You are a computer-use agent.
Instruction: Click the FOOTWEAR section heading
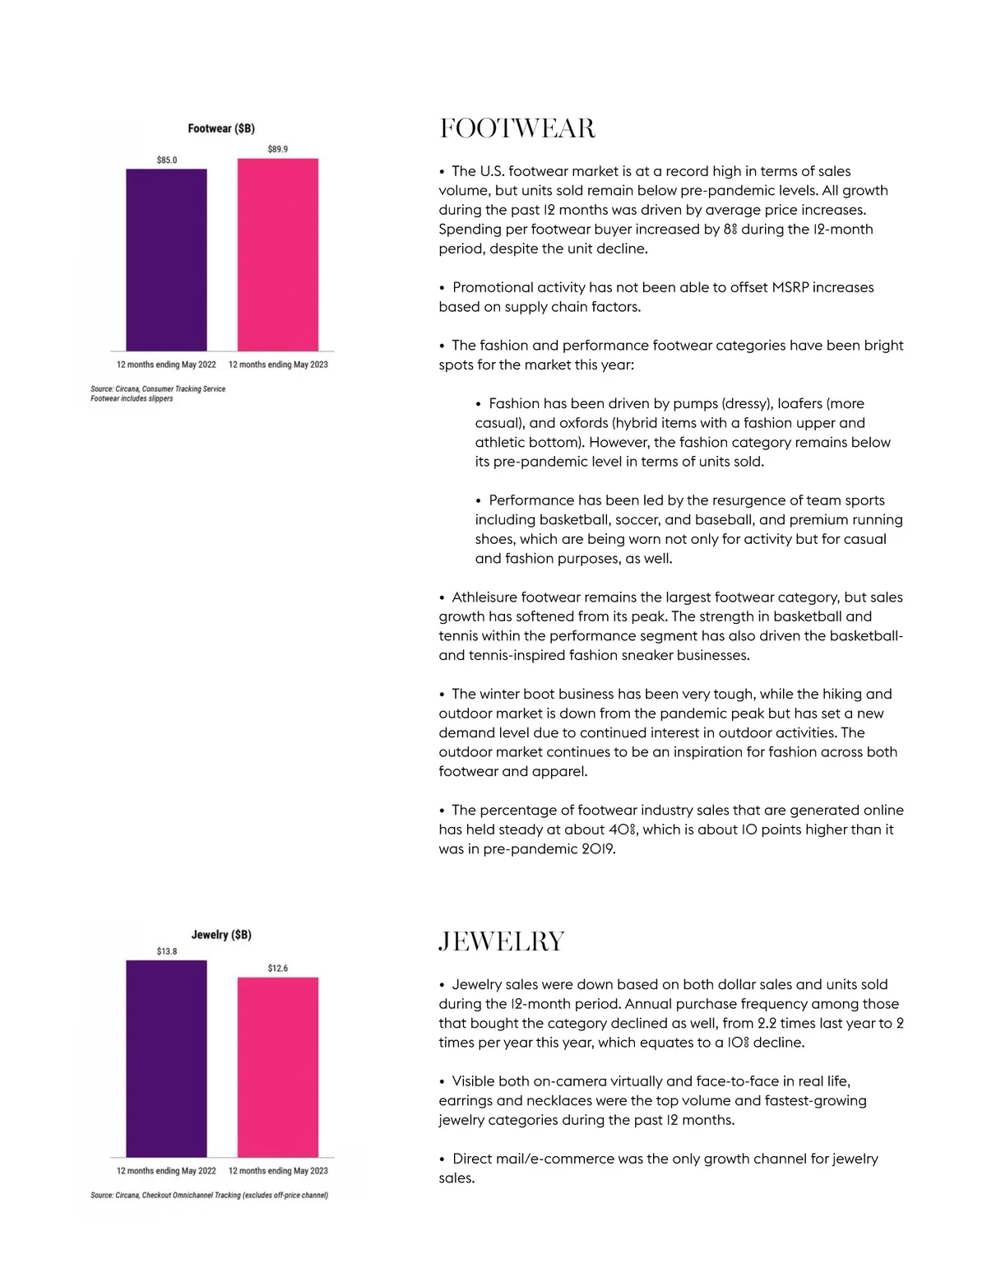pos(517,129)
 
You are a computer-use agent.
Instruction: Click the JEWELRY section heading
pos(502,941)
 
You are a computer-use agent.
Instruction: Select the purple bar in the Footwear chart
pos(166,260)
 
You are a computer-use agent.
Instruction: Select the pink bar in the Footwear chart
pos(278,255)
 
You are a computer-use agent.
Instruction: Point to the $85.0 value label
pos(167,160)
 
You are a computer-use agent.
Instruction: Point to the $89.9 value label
pos(278,149)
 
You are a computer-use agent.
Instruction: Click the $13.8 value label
pos(167,951)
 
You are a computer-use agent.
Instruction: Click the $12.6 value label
pos(278,969)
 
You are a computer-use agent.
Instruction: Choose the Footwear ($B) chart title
pos(221,128)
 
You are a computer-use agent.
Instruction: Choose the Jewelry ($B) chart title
pos(221,935)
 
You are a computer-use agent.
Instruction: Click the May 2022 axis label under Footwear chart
pos(166,365)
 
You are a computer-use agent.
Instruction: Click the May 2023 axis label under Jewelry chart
pos(278,1171)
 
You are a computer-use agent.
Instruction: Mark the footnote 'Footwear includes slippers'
pos(132,399)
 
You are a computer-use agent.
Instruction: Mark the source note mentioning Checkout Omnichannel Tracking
pos(209,1196)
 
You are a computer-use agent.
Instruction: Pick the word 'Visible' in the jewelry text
pos(475,1081)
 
